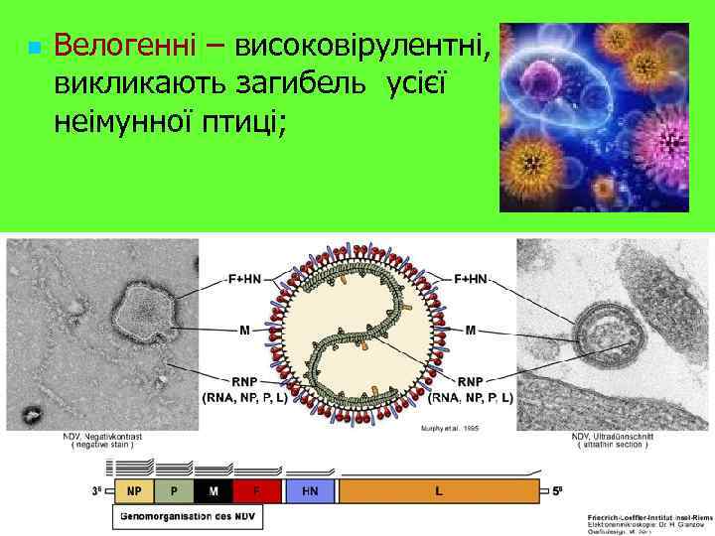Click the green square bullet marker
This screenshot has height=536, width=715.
34,48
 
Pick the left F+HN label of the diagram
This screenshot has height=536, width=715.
240,281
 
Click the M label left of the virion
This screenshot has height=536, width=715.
244,329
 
